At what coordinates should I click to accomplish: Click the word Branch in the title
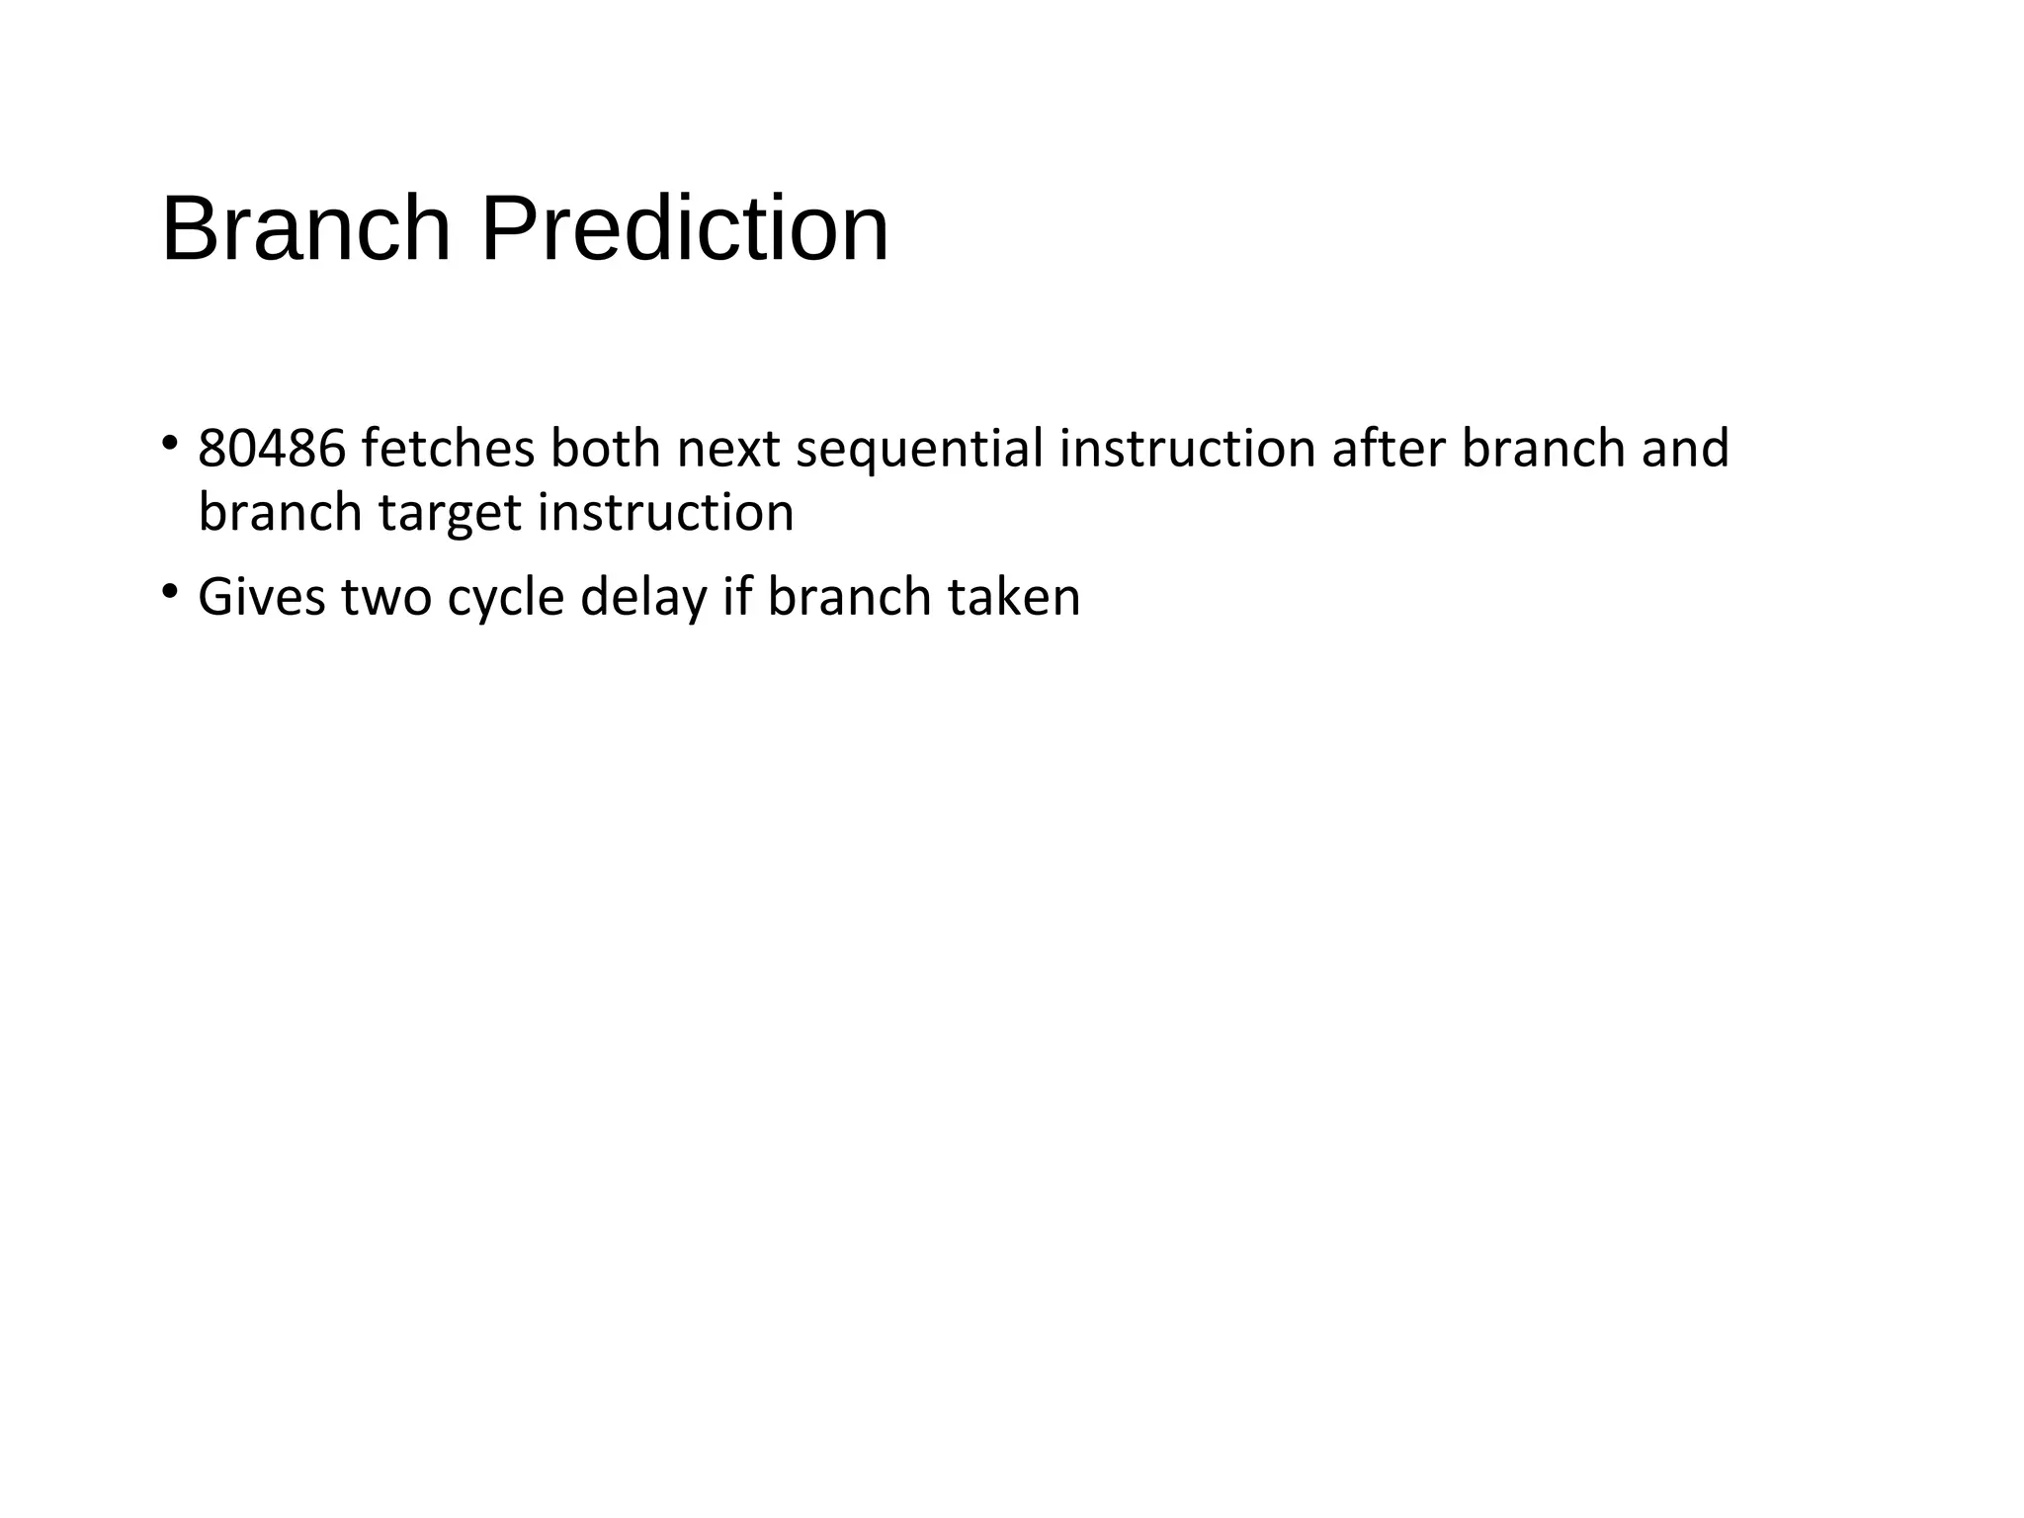point(306,229)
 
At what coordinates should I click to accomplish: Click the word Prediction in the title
point(684,229)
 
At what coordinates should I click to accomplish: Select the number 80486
point(272,449)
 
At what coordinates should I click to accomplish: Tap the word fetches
point(447,449)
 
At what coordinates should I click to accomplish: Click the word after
point(1389,449)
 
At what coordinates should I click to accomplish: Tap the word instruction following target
point(665,512)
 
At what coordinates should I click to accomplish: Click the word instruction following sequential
point(1187,449)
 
